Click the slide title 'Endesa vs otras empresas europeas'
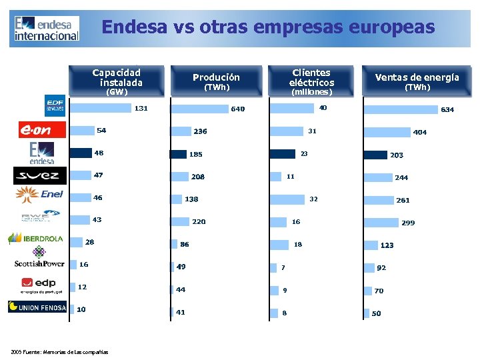point(267,27)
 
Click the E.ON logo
point(43,130)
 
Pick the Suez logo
point(40,176)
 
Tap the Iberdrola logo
point(36,239)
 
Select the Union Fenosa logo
point(37,307)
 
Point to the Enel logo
point(40,194)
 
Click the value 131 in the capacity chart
point(141,108)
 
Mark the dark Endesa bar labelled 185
point(178,154)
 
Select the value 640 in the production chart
point(237,109)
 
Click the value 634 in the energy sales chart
point(447,109)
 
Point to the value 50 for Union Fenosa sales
point(377,313)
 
